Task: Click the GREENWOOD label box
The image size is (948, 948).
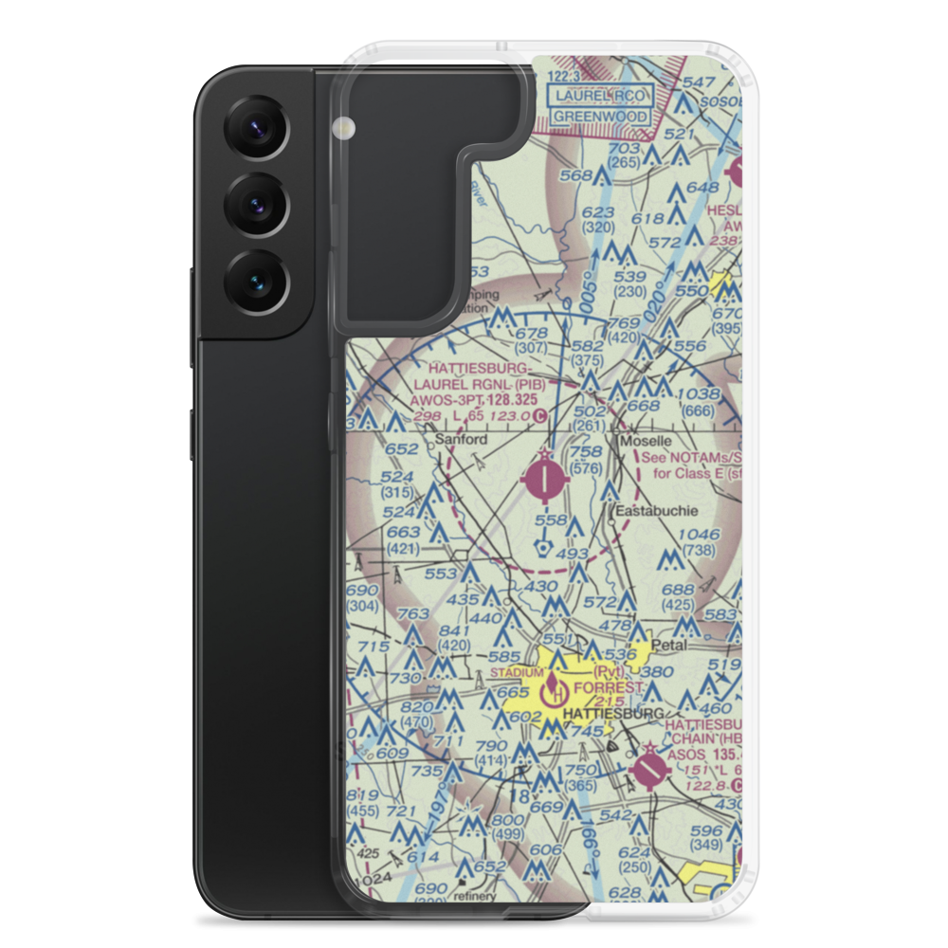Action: pyautogui.click(x=600, y=117)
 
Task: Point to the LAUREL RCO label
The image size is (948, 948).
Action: pyautogui.click(x=601, y=96)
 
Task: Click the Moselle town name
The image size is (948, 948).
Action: pyautogui.click(x=645, y=442)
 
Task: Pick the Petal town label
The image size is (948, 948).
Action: pyautogui.click(x=668, y=645)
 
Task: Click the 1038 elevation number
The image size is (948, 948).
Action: pyautogui.click(x=701, y=393)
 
